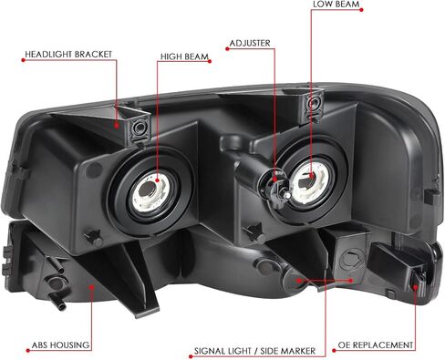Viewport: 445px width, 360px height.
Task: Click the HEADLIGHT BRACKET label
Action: [68, 55]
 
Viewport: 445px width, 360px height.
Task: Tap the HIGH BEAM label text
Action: [184, 57]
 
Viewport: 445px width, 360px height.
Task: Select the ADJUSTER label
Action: [250, 43]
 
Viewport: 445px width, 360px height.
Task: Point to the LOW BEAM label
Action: [336, 4]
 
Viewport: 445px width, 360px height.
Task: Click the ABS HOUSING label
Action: [61, 345]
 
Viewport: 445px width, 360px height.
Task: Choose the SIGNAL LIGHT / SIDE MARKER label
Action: [254, 351]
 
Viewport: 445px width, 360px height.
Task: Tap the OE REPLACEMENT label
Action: [376, 345]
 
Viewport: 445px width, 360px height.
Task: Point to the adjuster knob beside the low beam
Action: [274, 186]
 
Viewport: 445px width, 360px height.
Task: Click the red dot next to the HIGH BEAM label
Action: [210, 61]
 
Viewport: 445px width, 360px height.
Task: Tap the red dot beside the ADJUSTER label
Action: [227, 48]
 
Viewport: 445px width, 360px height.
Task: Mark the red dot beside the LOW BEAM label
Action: [361, 10]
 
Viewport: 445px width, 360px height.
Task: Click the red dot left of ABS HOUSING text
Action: [28, 351]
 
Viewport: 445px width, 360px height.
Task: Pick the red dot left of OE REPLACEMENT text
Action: [334, 351]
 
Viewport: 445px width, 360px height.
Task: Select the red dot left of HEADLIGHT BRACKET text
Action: [23, 60]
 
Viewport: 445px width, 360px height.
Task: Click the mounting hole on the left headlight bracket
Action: [140, 127]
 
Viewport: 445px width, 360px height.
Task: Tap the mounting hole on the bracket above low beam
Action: [313, 103]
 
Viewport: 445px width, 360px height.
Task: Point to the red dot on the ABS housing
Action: [91, 286]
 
